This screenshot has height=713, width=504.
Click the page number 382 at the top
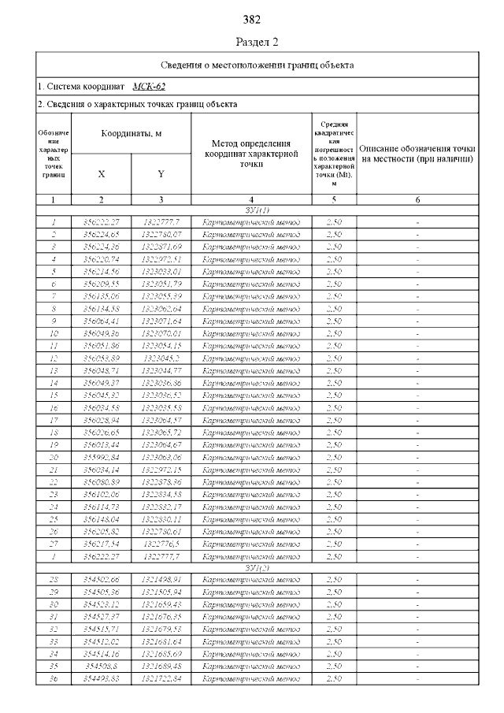tap(252, 19)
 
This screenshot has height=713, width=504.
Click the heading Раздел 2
tap(258, 42)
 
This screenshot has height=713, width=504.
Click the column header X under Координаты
tap(101, 173)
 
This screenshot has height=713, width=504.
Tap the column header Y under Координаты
tap(161, 173)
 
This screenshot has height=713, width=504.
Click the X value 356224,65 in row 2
tap(101, 235)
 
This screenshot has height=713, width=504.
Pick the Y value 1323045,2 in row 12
tap(161, 358)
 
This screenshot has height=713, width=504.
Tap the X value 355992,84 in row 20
tap(101, 456)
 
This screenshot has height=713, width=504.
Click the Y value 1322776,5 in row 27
tap(161, 543)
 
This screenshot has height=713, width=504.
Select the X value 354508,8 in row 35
tap(101, 666)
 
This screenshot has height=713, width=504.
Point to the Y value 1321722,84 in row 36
tap(161, 678)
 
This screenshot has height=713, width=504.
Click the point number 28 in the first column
tap(54, 580)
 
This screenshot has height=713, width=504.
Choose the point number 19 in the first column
tap(54, 444)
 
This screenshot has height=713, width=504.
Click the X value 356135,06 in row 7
tap(101, 296)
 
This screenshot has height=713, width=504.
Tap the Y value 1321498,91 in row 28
tap(161, 580)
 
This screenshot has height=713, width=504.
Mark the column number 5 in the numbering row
tap(335, 200)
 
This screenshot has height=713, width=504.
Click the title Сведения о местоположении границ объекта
tap(258, 65)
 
